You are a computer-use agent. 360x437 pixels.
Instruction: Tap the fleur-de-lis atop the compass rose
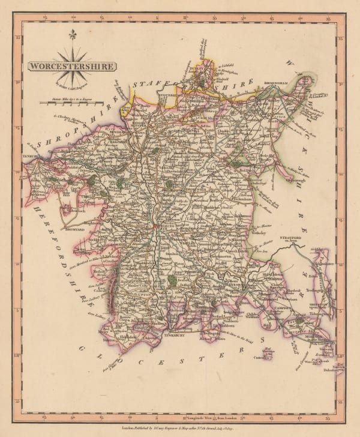point(73,35)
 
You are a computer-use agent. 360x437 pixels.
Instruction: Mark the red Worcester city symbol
point(155,227)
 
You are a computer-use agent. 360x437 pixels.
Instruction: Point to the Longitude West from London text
point(192,399)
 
